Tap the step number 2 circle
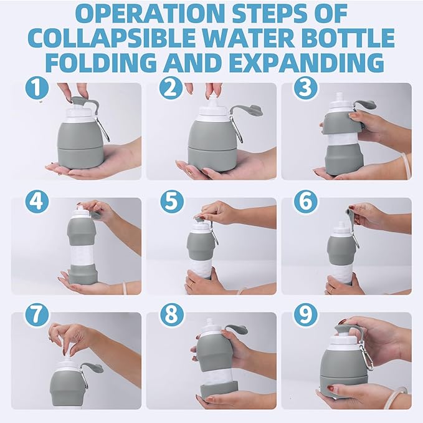click(171, 87)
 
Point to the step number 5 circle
click(171, 202)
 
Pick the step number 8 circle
click(171, 315)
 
